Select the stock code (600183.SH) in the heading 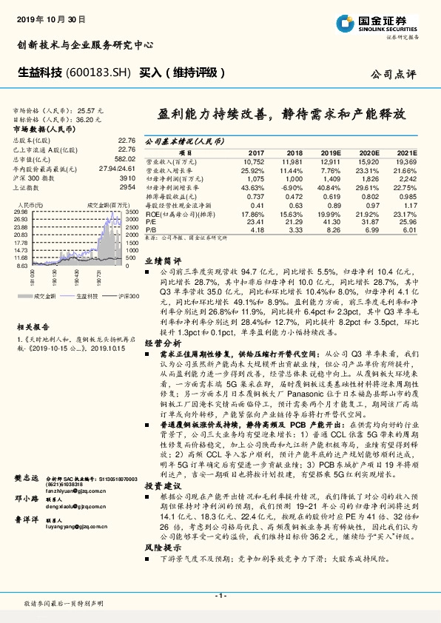pyautogui.click(x=100, y=73)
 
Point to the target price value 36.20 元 pyautogui.click(x=91, y=118)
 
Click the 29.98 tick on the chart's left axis pyautogui.click(x=21, y=212)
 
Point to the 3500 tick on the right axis pyautogui.click(x=132, y=212)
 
